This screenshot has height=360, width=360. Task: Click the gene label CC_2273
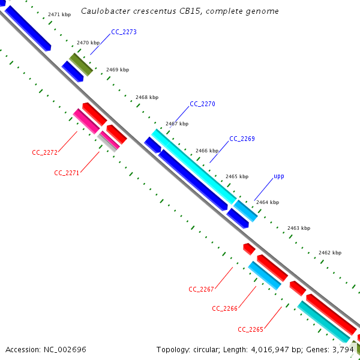tap(124, 32)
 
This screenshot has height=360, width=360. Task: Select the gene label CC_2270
tap(202, 104)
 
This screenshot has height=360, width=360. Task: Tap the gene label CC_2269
tap(242, 139)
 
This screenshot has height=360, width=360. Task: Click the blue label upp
tap(279, 176)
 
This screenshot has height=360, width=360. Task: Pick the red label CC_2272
tap(44, 152)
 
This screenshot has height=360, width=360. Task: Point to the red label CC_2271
tap(67, 173)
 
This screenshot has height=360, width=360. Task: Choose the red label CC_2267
tap(201, 289)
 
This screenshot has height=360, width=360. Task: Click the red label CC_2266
tap(224, 308)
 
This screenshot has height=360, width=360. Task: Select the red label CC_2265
tap(250, 329)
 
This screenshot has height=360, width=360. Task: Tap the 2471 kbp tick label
tap(59, 14)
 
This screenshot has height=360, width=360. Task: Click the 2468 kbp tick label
tap(147, 97)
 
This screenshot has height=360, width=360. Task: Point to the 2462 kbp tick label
tap(329, 253)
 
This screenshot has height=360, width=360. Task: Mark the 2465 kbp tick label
tap(236, 176)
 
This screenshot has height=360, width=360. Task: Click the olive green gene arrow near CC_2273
tap(81, 64)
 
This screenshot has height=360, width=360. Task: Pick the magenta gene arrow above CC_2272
tap(86, 121)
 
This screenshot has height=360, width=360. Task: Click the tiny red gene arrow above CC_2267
tap(248, 248)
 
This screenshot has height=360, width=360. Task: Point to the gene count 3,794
tap(343, 349)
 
